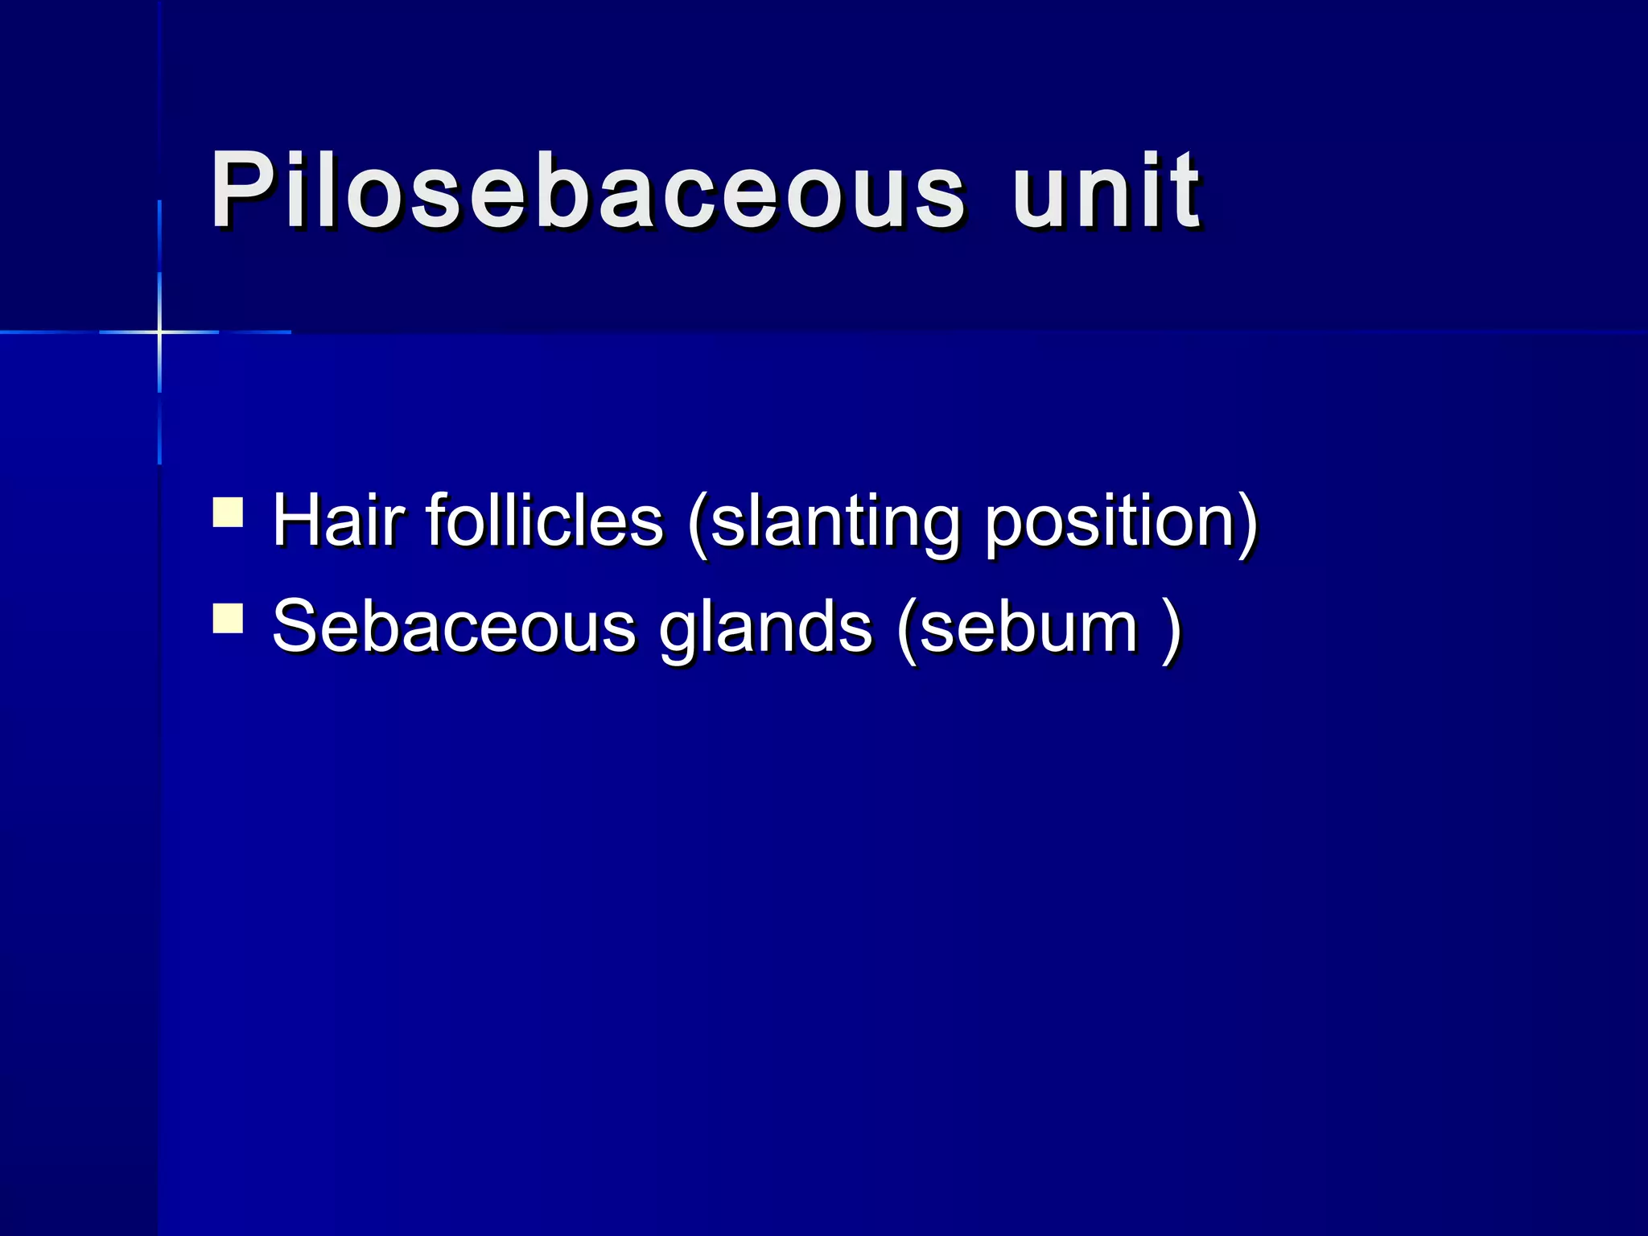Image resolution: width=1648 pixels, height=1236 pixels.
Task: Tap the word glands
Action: (x=765, y=628)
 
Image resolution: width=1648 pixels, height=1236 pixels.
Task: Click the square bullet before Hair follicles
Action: (x=228, y=513)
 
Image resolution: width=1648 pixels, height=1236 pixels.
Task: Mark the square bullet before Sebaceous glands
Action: (x=228, y=619)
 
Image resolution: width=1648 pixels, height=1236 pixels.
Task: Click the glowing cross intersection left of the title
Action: (x=159, y=332)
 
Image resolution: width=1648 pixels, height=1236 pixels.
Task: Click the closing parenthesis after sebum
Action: (x=1171, y=629)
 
